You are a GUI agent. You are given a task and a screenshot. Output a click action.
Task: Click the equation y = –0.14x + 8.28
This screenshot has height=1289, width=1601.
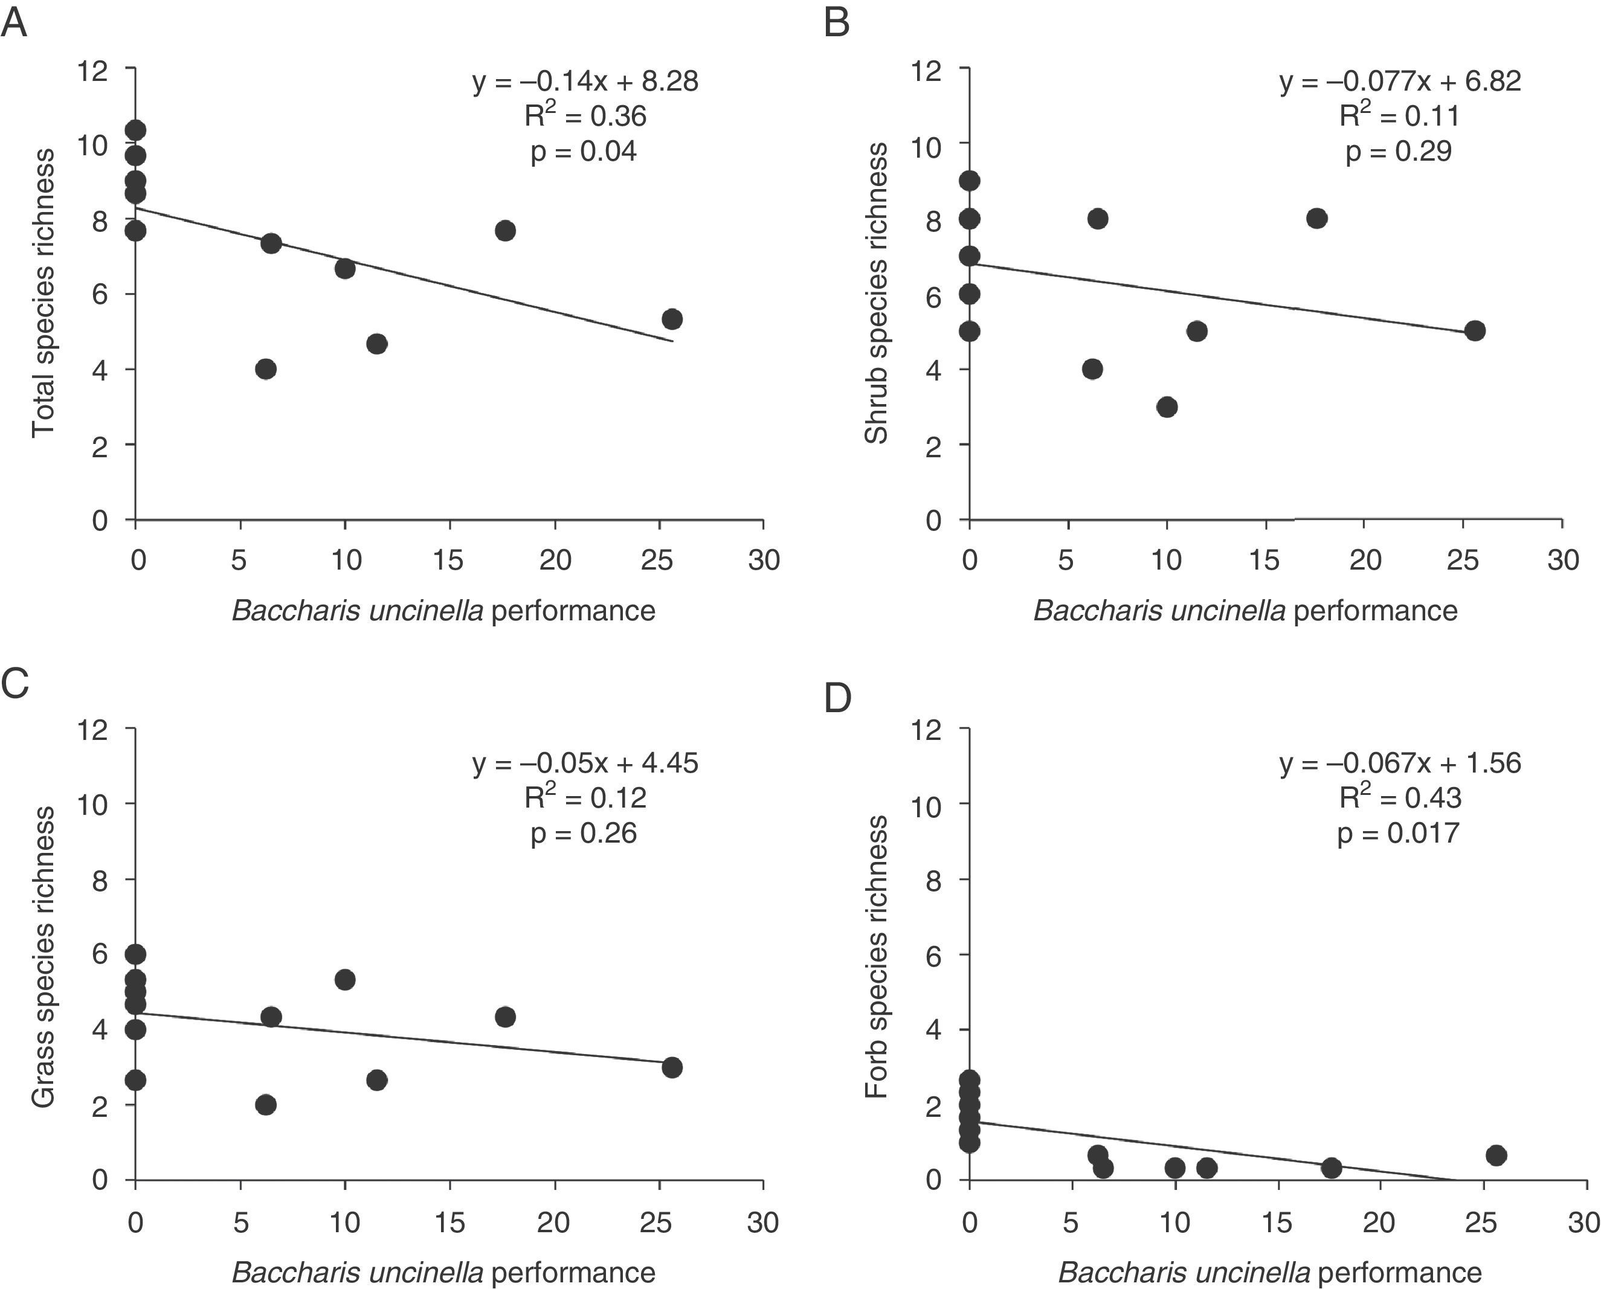(585, 81)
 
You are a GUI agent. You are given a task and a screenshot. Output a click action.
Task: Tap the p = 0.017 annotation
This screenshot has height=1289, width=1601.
(1398, 833)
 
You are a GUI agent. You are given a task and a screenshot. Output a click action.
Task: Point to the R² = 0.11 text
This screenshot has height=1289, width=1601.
(1399, 116)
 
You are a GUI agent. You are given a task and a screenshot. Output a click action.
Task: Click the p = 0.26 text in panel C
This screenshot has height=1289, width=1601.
(584, 833)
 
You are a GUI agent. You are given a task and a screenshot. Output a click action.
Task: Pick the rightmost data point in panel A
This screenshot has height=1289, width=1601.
(672, 320)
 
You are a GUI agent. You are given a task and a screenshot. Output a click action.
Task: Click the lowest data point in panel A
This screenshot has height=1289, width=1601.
(266, 369)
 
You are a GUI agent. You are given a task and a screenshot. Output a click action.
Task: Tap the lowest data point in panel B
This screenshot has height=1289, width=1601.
(1167, 407)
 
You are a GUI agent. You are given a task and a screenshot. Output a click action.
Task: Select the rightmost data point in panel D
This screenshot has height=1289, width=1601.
(1496, 1156)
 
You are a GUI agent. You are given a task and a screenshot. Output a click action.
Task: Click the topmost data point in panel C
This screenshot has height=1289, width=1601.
(135, 954)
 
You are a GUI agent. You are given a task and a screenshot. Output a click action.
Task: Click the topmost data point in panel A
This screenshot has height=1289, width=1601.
(135, 130)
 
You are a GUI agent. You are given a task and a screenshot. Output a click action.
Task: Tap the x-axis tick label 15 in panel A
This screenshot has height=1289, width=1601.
(448, 560)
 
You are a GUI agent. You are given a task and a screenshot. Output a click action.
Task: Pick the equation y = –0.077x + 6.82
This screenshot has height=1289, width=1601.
(1400, 81)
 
